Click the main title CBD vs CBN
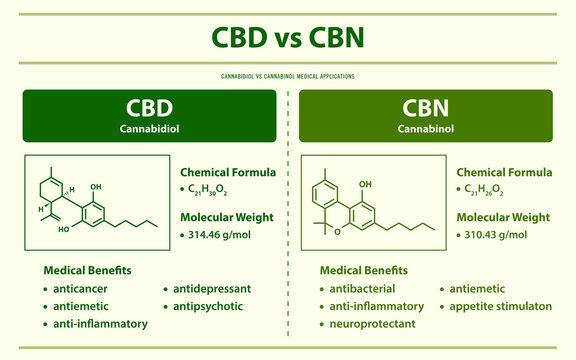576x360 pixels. click(288, 37)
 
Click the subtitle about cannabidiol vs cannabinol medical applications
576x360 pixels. click(288, 76)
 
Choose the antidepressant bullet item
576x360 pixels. click(211, 288)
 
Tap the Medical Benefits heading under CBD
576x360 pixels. click(86, 270)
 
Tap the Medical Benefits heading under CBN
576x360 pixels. click(363, 270)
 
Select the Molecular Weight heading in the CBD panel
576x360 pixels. click(226, 216)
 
